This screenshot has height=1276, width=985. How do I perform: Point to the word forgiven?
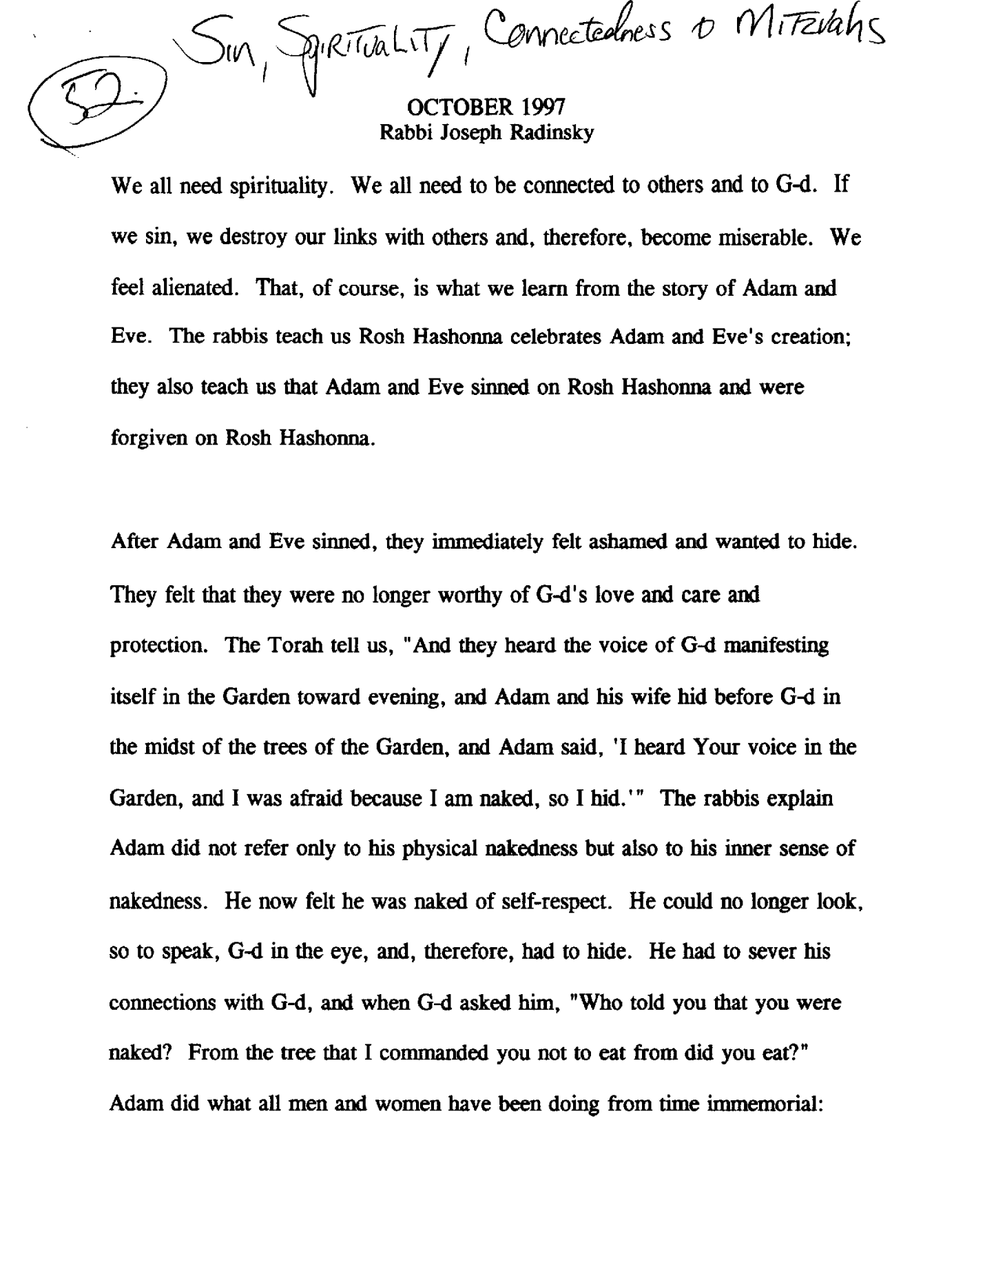coord(150,438)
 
